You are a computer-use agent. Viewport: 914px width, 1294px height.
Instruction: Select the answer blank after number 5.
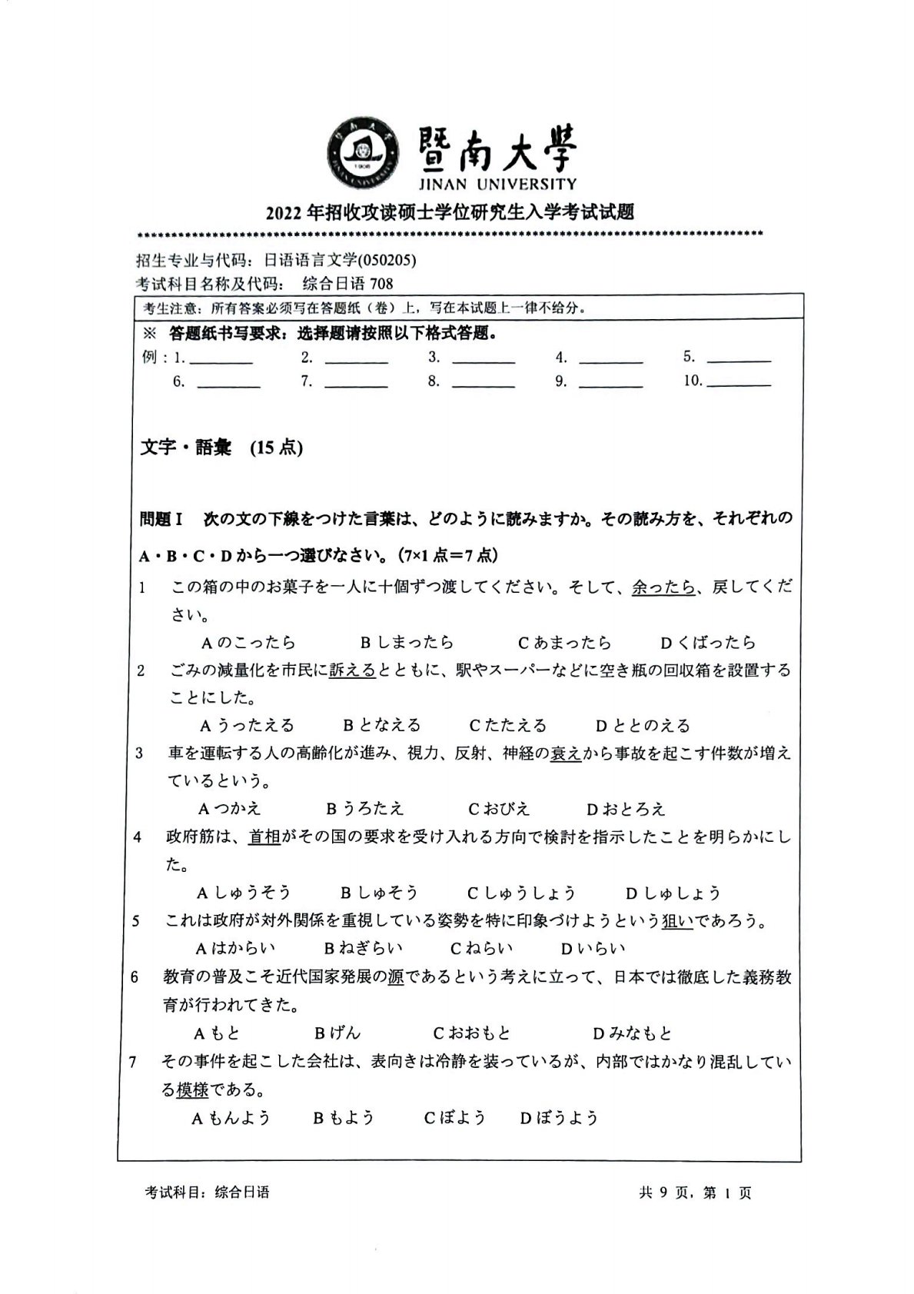pyautogui.click(x=738, y=358)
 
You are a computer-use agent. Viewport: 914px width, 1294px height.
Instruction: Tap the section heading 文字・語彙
pyautogui.click(x=187, y=447)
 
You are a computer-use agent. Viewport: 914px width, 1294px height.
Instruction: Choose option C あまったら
pyautogui.click(x=564, y=642)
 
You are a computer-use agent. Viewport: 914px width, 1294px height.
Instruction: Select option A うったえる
pyautogui.click(x=248, y=725)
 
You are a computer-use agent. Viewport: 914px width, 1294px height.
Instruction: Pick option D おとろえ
pyautogui.click(x=626, y=809)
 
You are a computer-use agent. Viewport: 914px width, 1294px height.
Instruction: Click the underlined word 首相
pyautogui.click(x=264, y=837)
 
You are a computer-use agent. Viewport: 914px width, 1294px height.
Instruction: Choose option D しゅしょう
pyautogui.click(x=673, y=893)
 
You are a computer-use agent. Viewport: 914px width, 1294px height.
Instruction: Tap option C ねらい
pyautogui.click(x=482, y=948)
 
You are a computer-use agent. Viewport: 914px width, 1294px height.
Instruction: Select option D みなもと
pyautogui.click(x=633, y=1033)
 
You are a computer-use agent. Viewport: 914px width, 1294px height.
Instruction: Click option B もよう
pyautogui.click(x=344, y=1117)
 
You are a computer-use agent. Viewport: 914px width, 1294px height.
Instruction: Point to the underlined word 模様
pyautogui.click(x=192, y=1090)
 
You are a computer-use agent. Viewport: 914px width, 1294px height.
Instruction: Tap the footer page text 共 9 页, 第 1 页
pyautogui.click(x=694, y=1193)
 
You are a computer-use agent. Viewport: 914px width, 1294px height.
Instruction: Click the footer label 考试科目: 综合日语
pyautogui.click(x=208, y=1193)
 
